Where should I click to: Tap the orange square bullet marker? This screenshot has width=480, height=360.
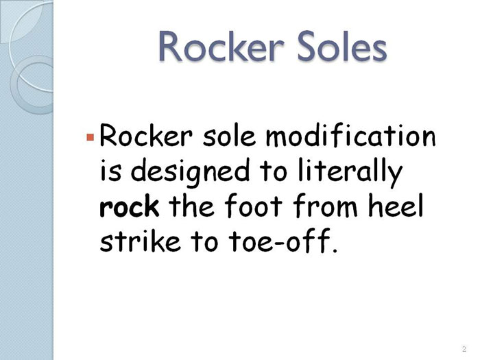[90, 137]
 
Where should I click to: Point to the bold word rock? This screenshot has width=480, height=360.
[129, 206]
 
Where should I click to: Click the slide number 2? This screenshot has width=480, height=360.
[464, 348]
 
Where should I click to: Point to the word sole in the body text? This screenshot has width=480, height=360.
[229, 136]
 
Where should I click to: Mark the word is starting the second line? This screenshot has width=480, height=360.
[110, 171]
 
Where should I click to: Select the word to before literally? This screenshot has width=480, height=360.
[273, 172]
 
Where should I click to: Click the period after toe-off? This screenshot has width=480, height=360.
[335, 250]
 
